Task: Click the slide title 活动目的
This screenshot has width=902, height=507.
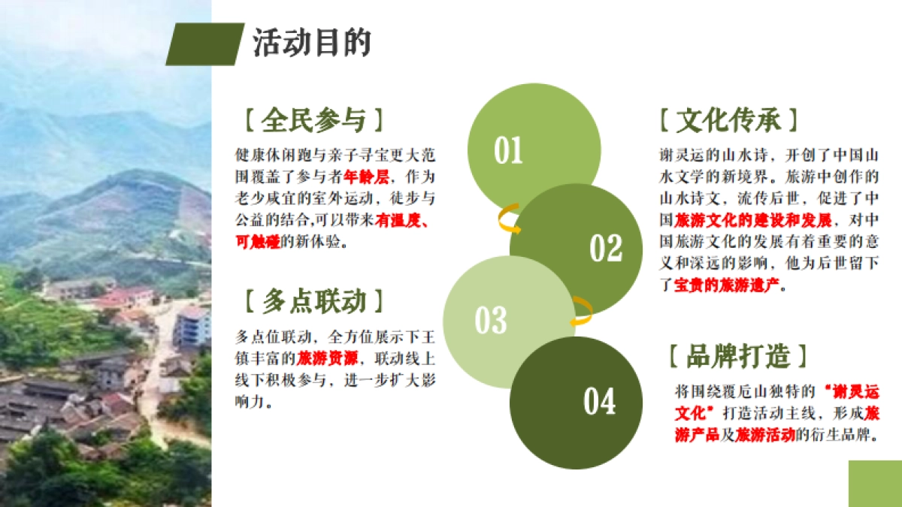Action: point(311,43)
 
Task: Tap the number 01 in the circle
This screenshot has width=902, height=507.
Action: point(508,151)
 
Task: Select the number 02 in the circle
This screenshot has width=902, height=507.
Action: point(606,249)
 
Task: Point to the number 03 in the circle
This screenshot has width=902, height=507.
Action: point(491,321)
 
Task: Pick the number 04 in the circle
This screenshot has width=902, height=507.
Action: point(599,402)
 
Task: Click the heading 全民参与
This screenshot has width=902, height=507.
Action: point(313,120)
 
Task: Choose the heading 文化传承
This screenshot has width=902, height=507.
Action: point(728,120)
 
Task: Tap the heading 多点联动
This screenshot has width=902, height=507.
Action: point(313,301)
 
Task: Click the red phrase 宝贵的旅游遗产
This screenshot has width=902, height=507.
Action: point(719,285)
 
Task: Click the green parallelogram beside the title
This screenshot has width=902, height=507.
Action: point(204,44)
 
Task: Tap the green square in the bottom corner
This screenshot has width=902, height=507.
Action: point(875,484)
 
